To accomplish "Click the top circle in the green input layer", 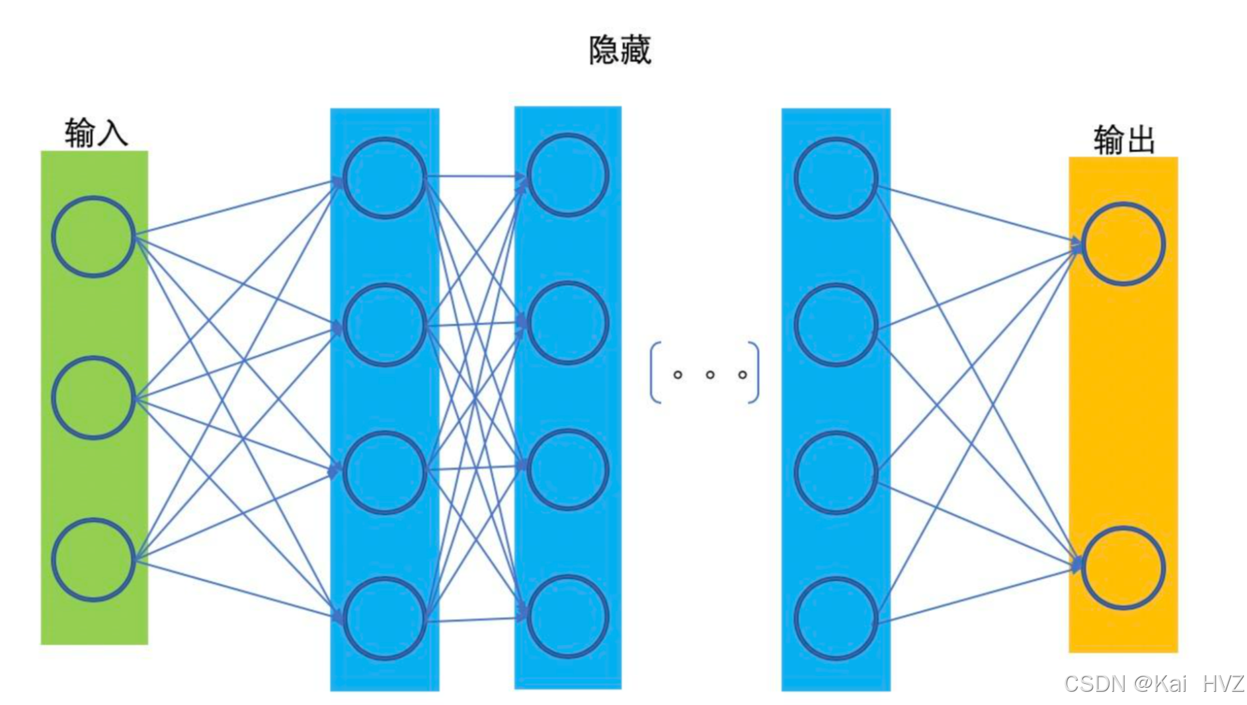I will (x=93, y=236).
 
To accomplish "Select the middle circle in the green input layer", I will (x=93, y=397).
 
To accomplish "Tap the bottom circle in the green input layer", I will (x=93, y=560).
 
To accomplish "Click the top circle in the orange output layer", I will (x=1123, y=244).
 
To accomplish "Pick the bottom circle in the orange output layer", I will (x=1123, y=567).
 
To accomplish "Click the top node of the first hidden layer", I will (x=384, y=178).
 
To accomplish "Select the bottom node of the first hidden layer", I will (x=384, y=618).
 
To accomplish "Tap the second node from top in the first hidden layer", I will (x=384, y=325).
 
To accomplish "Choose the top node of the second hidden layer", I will (x=567, y=175).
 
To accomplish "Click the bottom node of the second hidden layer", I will (x=567, y=616).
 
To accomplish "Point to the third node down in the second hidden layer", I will (x=567, y=470).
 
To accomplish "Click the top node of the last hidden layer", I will (x=836, y=178).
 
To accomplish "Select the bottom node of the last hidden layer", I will (x=836, y=618).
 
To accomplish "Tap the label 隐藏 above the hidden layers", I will (x=620, y=50).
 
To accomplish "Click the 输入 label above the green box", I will (x=96, y=132).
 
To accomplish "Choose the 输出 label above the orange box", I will (x=1124, y=140).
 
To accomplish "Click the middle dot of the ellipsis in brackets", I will (x=710, y=375).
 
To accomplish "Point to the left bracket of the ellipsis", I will (x=655, y=372).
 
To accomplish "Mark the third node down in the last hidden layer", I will (x=836, y=472).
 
